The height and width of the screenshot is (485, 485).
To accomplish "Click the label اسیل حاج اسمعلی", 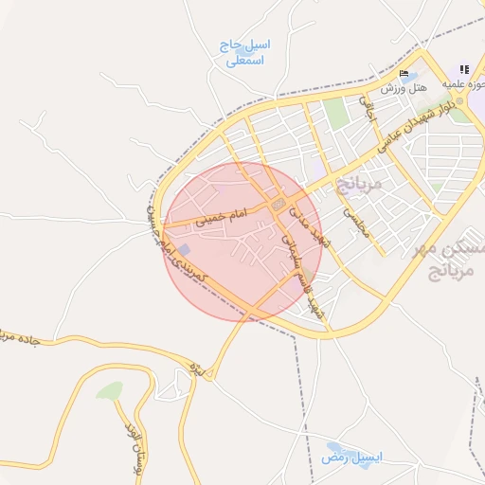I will click(245, 52).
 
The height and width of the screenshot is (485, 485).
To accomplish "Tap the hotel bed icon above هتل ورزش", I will click(404, 74).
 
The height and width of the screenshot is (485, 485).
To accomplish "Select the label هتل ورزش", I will click(404, 88).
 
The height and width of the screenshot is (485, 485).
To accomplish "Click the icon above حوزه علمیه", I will click(464, 69).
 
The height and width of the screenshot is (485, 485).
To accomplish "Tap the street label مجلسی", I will click(351, 225).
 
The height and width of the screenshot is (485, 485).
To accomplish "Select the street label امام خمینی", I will click(221, 217).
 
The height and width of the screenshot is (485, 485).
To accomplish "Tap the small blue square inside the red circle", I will click(184, 249).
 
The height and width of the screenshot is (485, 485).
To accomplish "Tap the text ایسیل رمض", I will click(351, 458).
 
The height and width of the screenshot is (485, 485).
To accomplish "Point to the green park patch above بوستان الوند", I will click(110, 390).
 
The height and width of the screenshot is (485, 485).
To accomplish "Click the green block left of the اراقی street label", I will click(337, 114).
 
